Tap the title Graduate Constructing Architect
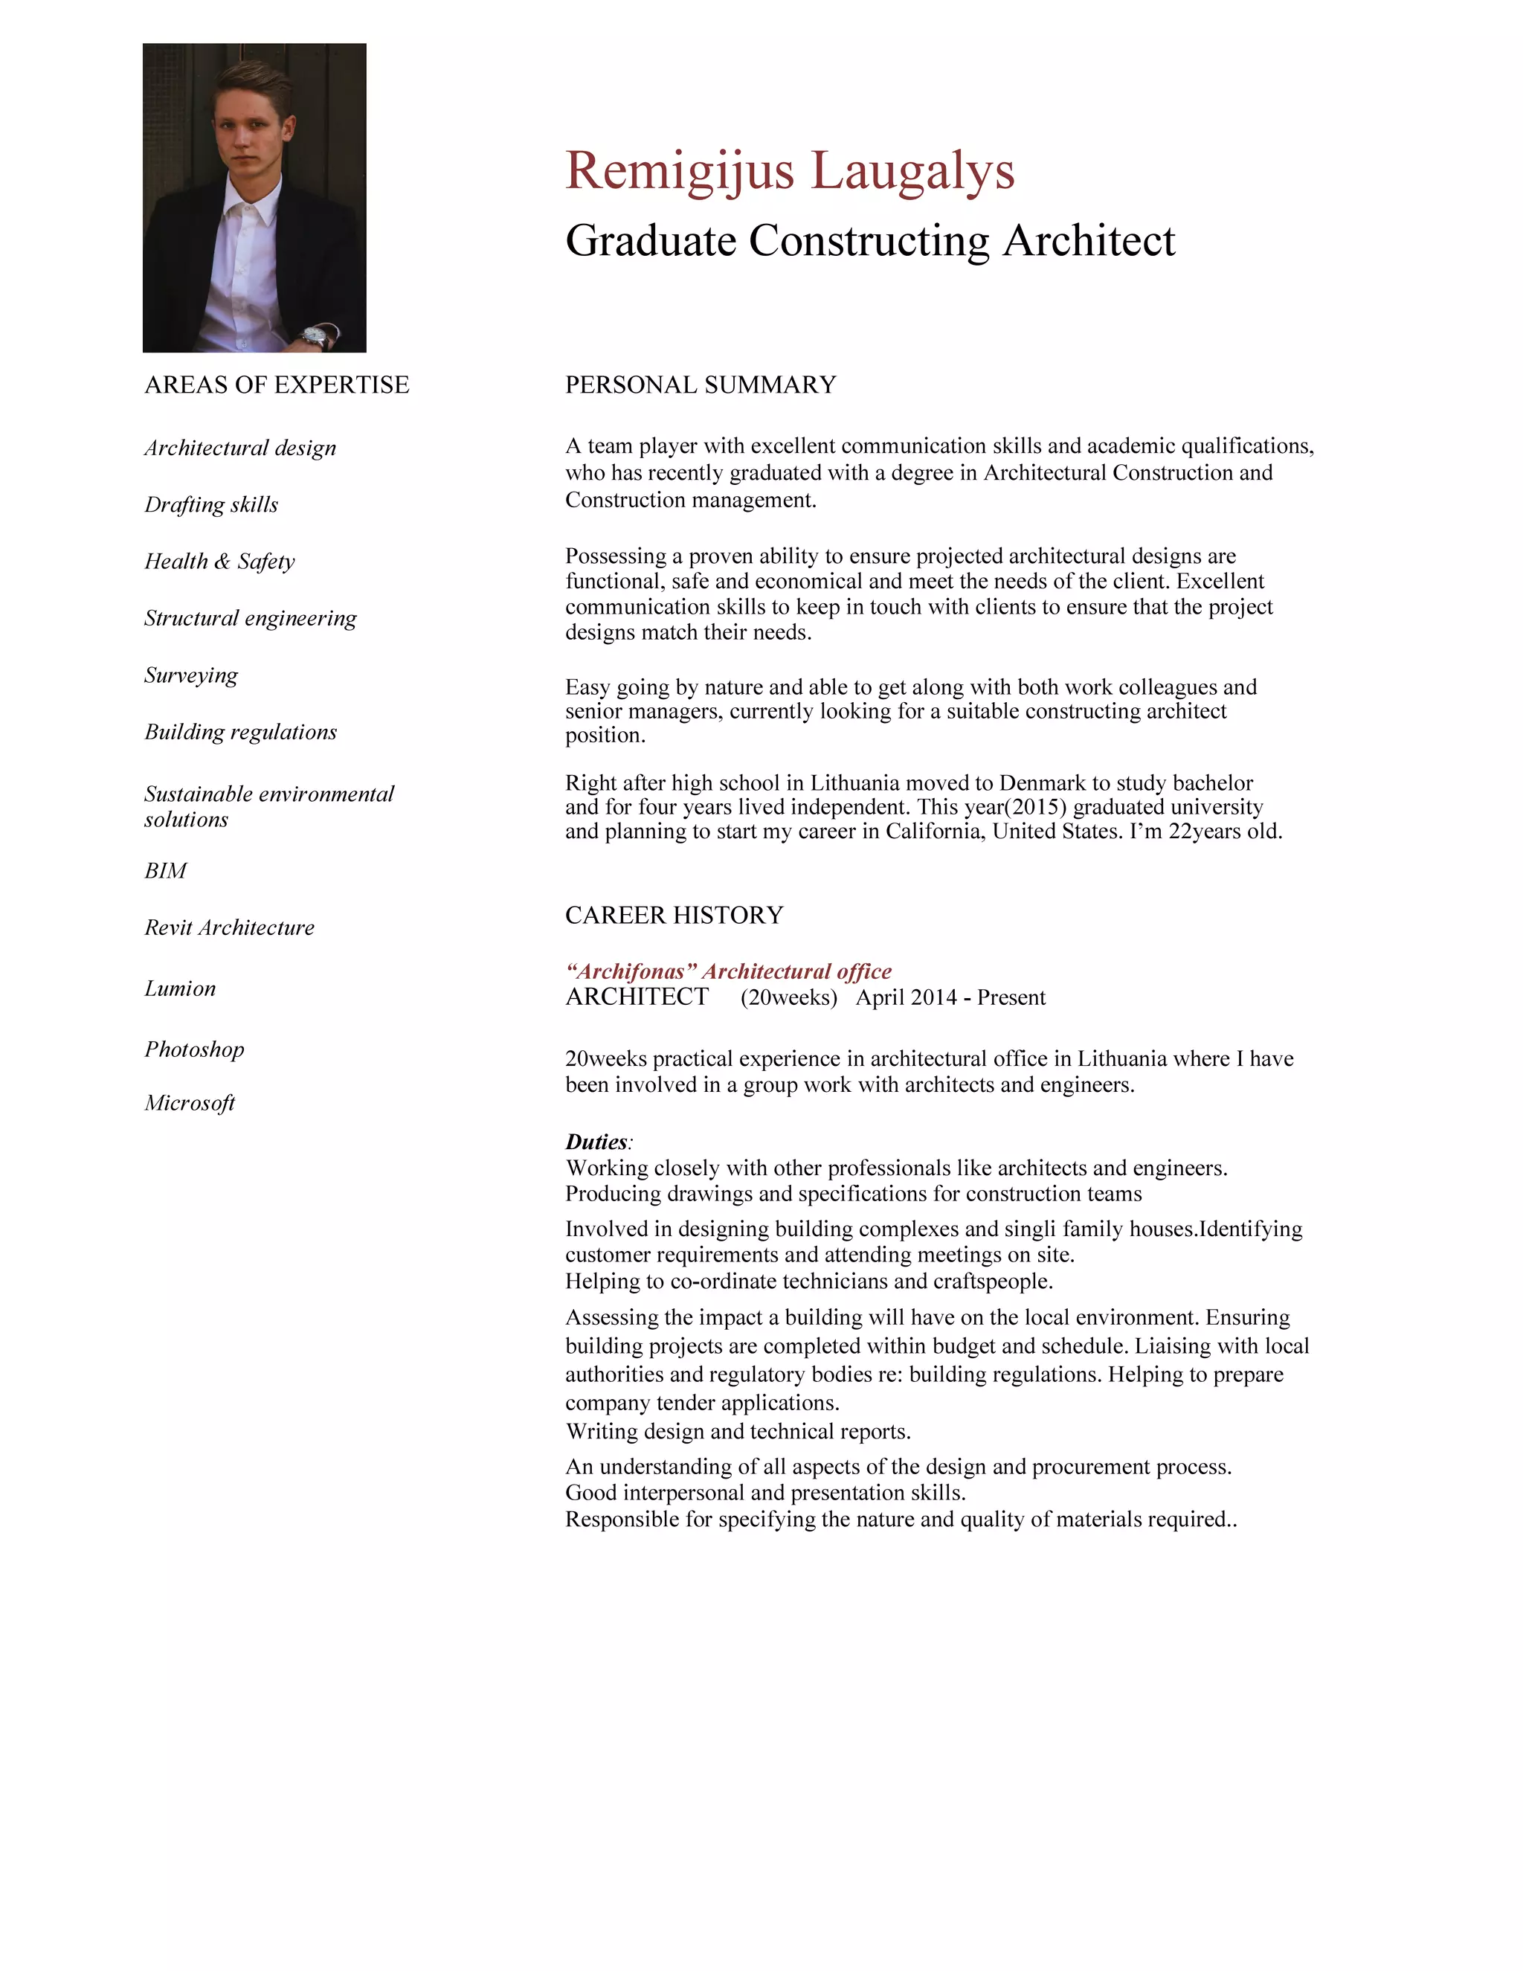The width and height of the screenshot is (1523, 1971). click(x=870, y=241)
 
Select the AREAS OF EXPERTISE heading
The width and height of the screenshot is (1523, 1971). click(x=276, y=385)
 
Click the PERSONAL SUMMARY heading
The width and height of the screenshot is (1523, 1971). click(x=700, y=385)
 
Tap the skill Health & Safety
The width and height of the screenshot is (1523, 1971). click(x=219, y=562)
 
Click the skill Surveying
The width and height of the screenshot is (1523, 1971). click(x=190, y=675)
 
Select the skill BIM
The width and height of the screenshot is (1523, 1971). click(x=165, y=871)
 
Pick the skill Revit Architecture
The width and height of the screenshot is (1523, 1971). click(x=229, y=927)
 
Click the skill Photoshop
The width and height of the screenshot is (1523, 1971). click(x=194, y=1049)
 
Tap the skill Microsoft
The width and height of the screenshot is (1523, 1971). click(x=190, y=1103)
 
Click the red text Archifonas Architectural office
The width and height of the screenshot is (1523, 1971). click(x=728, y=972)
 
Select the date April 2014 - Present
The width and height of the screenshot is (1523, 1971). click(x=950, y=998)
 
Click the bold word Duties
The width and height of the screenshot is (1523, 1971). click(x=596, y=1142)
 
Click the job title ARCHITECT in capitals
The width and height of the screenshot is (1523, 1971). click(x=637, y=997)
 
